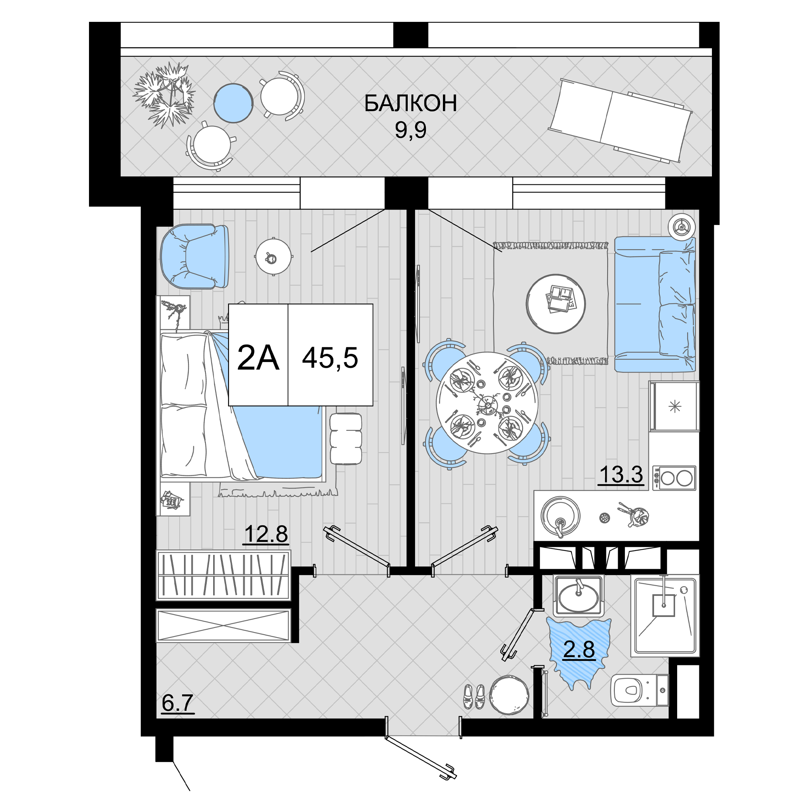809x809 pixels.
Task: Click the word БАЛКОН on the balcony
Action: click(410, 103)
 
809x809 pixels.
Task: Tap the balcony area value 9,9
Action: click(410, 130)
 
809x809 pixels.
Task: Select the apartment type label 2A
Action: click(258, 358)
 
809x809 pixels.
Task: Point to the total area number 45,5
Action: click(330, 358)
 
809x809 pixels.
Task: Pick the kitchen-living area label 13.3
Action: click(621, 474)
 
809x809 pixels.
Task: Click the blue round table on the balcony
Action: click(233, 103)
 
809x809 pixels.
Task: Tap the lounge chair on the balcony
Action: click(620, 121)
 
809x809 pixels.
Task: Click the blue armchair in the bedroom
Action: click(195, 256)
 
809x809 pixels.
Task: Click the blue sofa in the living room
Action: click(655, 305)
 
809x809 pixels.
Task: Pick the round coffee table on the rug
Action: click(556, 304)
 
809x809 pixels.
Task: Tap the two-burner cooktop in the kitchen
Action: click(674, 478)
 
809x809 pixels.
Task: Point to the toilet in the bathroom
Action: click(639, 690)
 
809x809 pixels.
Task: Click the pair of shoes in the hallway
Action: click(474, 697)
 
